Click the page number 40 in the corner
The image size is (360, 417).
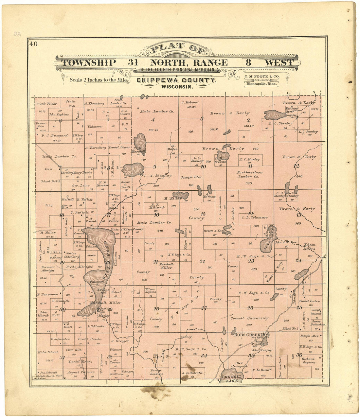click(x=33, y=44)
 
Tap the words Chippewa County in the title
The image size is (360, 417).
click(x=176, y=80)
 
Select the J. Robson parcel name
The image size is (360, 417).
click(x=189, y=102)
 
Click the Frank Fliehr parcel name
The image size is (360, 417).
click(x=46, y=104)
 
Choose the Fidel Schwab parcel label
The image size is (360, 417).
click(x=48, y=352)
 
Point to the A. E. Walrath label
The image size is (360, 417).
click(x=192, y=373)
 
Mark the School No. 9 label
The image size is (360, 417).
click(x=49, y=181)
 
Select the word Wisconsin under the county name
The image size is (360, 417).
click(x=176, y=87)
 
